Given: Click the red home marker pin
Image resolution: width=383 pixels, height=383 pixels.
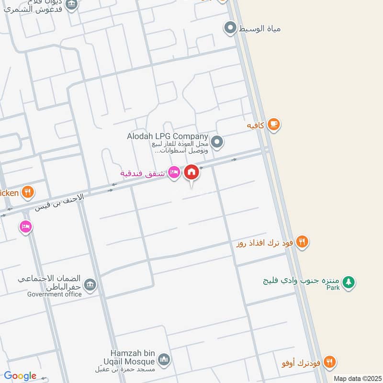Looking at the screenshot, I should [191, 172].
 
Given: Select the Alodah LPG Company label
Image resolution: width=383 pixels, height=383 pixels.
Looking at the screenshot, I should [167, 136].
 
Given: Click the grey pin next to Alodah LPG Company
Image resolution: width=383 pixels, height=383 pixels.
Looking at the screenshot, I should [217, 142].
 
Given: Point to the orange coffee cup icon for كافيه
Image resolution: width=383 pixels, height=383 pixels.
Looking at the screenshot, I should [273, 124].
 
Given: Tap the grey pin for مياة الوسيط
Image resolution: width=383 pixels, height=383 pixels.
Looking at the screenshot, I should [231, 28].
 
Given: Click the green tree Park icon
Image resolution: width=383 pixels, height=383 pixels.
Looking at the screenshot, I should [349, 282].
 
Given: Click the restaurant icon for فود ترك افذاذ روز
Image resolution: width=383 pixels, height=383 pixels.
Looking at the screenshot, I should [301, 242].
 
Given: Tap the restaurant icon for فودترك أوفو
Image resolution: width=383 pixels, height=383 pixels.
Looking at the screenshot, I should [329, 362].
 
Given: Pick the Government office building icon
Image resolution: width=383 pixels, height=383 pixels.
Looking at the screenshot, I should [90, 285].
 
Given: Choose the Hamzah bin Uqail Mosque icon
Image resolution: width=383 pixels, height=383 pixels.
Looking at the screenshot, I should [164, 360].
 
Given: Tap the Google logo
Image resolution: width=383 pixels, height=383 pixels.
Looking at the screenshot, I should [20, 376].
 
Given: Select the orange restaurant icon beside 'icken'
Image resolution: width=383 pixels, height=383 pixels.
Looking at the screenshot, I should [28, 192].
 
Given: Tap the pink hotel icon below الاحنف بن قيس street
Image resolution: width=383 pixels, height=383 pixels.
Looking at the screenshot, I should [26, 226].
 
